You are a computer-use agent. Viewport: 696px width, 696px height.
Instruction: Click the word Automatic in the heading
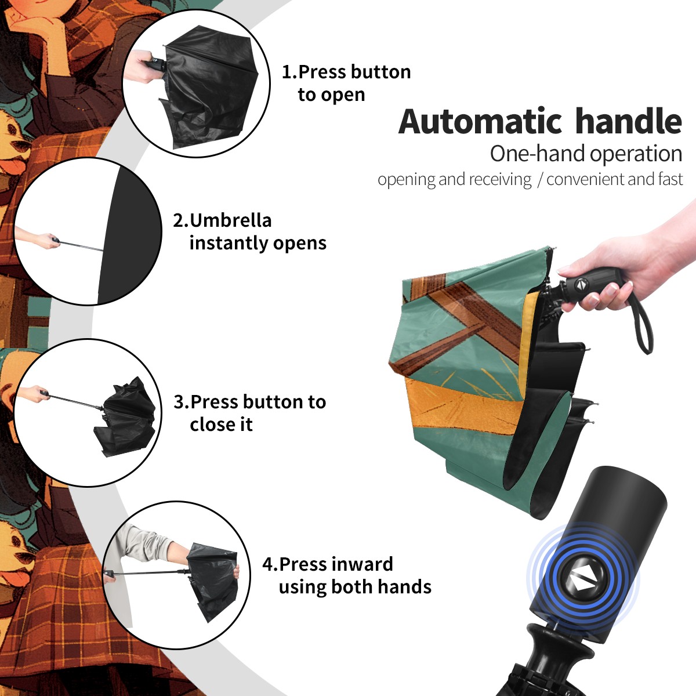480,121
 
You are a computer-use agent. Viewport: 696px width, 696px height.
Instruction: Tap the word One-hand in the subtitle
538,154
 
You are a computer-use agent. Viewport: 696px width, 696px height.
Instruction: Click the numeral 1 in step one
286,72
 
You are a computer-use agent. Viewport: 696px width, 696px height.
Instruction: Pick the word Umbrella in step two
230,220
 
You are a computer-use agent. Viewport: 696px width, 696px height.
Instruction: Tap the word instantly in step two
229,243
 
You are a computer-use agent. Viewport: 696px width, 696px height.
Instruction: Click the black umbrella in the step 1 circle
209,86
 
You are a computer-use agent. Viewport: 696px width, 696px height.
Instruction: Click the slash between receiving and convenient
540,179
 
